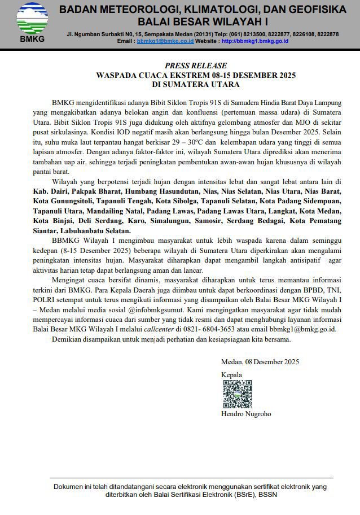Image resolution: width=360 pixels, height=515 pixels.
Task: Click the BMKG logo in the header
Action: [x=32, y=23]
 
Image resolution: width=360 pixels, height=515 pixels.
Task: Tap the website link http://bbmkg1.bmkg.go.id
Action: [x=256, y=41]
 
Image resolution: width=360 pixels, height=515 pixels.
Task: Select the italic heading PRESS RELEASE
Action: [x=196, y=66]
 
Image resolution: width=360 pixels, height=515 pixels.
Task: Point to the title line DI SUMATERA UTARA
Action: [x=196, y=85]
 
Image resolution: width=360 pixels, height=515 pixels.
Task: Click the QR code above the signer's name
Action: [x=237, y=394]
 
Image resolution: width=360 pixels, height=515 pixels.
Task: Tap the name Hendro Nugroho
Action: [x=246, y=414]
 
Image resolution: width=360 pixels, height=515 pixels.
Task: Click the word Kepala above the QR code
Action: [x=231, y=375]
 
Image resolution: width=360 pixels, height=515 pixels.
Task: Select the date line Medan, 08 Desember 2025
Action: [x=260, y=362]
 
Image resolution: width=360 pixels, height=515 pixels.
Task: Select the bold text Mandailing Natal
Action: [x=117, y=211]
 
